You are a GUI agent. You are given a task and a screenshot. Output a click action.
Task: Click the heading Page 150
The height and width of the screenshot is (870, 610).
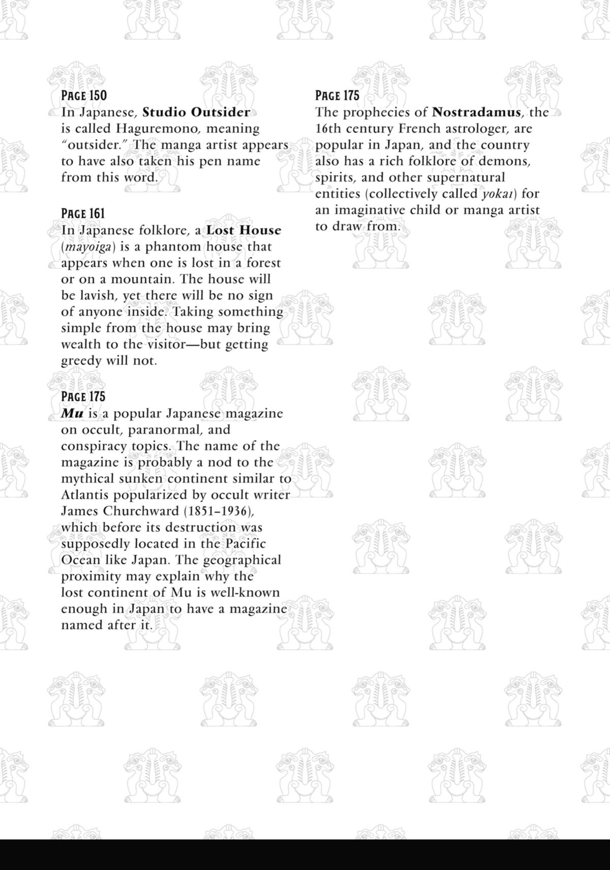(84, 96)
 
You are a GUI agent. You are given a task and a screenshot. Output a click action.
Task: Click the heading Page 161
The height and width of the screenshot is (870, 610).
(83, 214)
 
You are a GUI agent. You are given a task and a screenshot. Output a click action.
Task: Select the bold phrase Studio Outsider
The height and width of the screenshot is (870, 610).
(196, 112)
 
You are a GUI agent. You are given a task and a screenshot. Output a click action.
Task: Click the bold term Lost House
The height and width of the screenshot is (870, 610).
(243, 230)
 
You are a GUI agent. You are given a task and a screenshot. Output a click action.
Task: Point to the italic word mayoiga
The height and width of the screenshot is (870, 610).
(85, 247)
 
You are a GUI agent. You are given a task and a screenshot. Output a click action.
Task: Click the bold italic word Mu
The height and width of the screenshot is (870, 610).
(72, 414)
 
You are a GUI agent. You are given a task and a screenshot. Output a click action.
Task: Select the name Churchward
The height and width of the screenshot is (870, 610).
(135, 511)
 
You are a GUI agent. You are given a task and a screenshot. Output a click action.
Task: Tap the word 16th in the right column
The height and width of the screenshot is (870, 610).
(328, 129)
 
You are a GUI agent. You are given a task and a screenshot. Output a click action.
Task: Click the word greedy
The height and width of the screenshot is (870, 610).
(81, 361)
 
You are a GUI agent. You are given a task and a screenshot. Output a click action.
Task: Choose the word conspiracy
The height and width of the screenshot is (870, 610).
(94, 446)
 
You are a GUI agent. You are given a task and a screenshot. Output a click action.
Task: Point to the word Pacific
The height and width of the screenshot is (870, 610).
(246, 544)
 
